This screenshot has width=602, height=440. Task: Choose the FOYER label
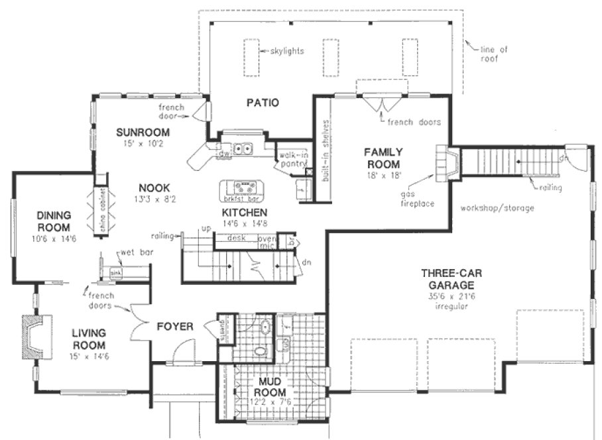point(174,326)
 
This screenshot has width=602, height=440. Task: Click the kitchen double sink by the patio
point(241,149)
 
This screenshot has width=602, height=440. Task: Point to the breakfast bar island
point(241,190)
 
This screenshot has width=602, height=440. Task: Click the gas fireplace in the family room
point(445,162)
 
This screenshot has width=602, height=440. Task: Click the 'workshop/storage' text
point(497,208)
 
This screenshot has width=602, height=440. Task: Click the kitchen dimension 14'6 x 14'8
point(245,223)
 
